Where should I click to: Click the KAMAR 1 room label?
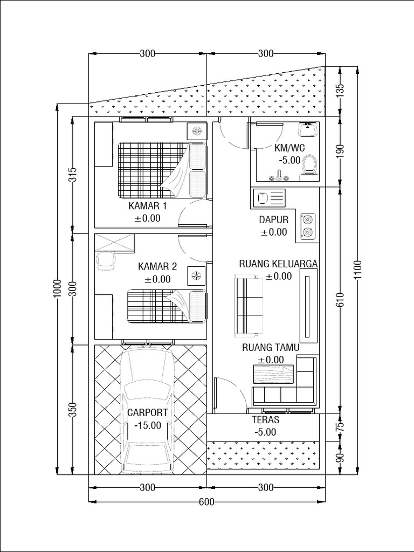tap(147, 206)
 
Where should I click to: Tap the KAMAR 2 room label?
tap(157, 266)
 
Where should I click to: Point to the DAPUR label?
tap(274, 220)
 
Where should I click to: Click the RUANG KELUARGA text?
tap(278, 264)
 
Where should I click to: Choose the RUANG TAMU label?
tap(270, 348)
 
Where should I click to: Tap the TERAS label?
tap(265, 419)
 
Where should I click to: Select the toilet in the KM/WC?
tap(309, 164)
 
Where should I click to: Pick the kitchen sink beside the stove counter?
tap(268, 198)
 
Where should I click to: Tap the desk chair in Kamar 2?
tap(106, 261)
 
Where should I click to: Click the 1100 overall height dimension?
tap(357, 270)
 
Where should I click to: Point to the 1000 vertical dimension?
tap(58, 291)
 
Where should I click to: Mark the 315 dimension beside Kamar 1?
tap(73, 175)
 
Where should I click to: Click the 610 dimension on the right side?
tap(340, 299)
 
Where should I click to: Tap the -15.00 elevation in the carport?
tap(147, 425)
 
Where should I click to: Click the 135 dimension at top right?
tap(340, 91)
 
